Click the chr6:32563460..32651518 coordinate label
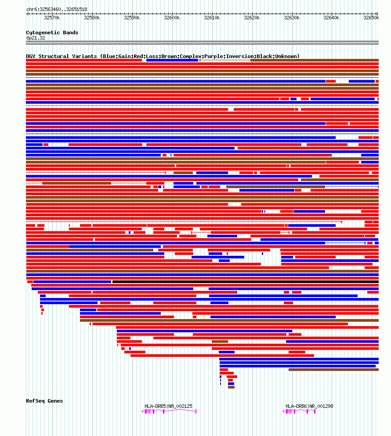tap(56, 9)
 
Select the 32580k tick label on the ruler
tap(92, 18)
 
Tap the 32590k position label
tap(132, 18)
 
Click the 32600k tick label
tap(172, 18)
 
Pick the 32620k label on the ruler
tap(252, 18)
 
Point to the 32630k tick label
tap(292, 18)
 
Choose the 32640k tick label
tap(331, 18)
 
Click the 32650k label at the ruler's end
tap(371, 18)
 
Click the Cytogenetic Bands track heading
tap(52, 33)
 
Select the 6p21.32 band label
tap(36, 38)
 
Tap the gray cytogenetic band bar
tap(202, 43)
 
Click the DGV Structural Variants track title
tap(163, 56)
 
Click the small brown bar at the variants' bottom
tap(231, 387)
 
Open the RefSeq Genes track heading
tap(44, 401)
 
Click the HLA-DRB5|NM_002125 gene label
tap(168, 406)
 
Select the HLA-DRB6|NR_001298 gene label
tap(309, 406)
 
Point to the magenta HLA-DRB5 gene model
tap(169, 411)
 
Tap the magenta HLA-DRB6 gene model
tap(299, 411)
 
